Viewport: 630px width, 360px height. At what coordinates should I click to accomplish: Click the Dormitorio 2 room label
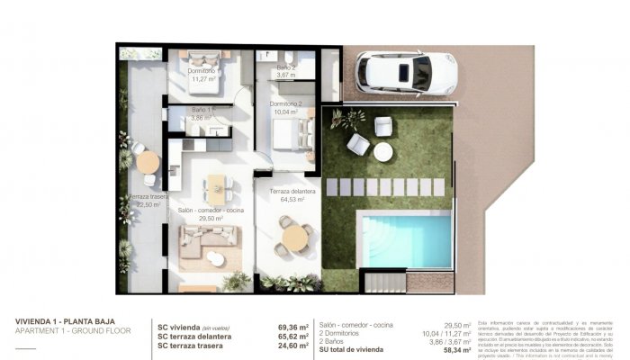click(290, 103)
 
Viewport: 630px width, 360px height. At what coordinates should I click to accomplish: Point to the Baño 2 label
click(286, 68)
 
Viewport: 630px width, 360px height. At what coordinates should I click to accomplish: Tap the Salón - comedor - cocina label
click(211, 210)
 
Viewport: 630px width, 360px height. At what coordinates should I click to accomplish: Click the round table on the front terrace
click(294, 238)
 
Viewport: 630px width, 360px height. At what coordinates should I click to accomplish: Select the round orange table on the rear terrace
click(148, 162)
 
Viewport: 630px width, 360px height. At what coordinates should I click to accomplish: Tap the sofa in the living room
click(208, 240)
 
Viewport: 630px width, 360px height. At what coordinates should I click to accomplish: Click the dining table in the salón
click(217, 185)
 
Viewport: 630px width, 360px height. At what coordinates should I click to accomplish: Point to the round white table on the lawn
click(383, 152)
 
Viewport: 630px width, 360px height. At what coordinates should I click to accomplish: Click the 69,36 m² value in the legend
click(292, 328)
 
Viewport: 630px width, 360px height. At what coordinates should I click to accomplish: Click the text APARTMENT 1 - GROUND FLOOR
click(73, 331)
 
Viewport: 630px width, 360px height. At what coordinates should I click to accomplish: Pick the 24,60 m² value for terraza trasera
click(292, 346)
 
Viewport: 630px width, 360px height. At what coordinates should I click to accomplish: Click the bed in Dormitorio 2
click(291, 134)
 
